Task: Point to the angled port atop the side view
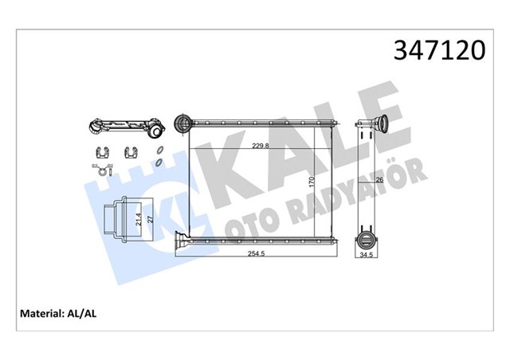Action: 375,125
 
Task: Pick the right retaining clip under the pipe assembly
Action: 131,151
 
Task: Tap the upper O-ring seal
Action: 159,151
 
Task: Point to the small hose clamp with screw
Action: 100,168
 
